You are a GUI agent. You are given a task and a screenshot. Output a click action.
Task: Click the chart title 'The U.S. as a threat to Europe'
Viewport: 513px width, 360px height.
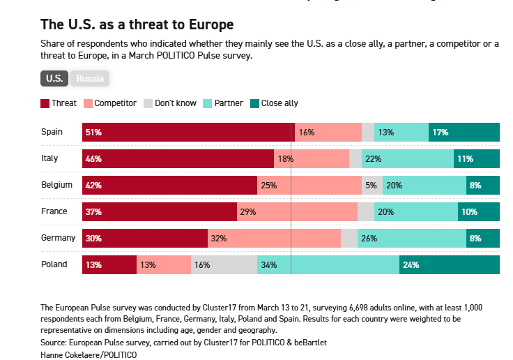[137, 25]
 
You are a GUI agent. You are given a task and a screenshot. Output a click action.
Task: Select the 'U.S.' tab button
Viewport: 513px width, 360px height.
[54, 78]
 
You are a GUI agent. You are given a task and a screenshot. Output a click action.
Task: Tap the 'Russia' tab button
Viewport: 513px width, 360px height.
[90, 78]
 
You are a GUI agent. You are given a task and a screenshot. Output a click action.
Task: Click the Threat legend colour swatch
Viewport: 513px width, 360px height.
[45, 103]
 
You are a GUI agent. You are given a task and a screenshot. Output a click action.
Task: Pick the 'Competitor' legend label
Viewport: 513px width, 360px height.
[115, 103]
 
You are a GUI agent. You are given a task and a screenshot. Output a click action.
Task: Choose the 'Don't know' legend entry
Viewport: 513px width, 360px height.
[176, 103]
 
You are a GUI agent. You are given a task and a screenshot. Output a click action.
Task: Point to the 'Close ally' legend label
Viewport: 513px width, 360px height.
[280, 103]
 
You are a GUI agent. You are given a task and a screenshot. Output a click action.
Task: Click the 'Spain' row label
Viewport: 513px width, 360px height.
[52, 132]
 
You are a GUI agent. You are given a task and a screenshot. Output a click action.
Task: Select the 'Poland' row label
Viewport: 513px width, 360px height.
[54, 264]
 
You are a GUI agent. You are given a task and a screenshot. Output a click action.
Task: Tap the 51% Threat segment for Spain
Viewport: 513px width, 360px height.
[188, 132]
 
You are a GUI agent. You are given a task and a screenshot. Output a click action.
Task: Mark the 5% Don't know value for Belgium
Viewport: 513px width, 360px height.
[371, 185]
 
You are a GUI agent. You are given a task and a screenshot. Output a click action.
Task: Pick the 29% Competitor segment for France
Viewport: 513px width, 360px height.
[297, 211]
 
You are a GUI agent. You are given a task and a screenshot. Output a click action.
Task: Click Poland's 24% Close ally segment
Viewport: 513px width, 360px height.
[450, 264]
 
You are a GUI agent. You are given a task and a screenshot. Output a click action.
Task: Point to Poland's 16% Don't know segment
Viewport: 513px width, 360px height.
[224, 264]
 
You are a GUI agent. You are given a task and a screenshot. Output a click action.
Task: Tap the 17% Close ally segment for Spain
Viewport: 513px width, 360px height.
[464, 132]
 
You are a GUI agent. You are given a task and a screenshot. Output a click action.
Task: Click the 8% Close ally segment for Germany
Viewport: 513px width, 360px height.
[483, 238]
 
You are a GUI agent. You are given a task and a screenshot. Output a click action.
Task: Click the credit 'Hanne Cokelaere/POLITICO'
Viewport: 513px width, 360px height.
[89, 354]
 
